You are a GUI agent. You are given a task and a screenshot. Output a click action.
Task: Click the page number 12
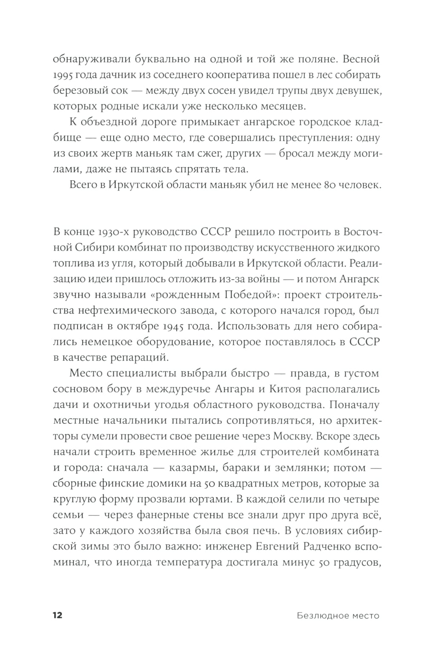click(57, 615)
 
